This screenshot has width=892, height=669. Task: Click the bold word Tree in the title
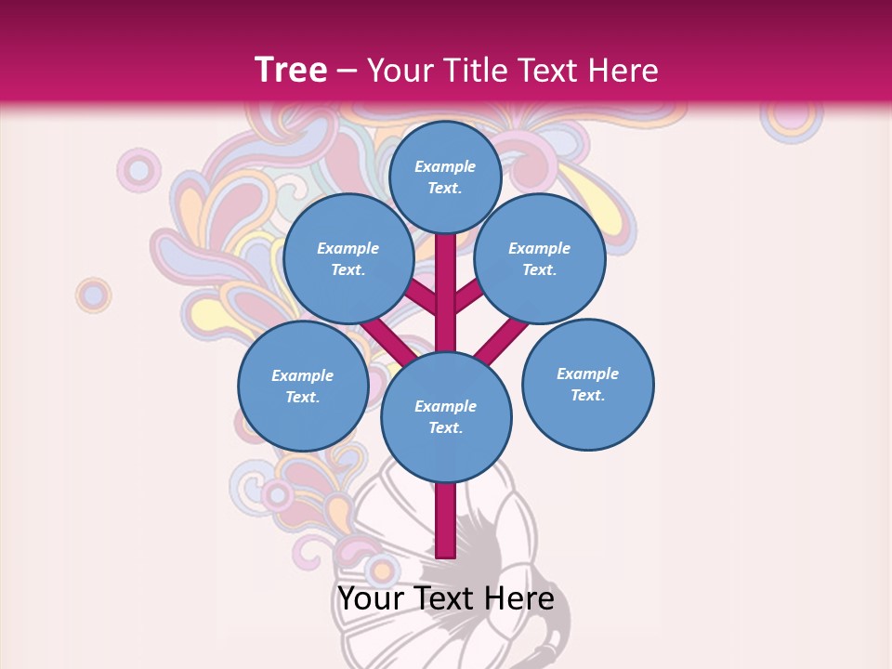[291, 70]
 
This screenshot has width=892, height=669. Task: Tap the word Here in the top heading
[623, 71]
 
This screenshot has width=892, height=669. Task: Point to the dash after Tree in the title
[348, 72]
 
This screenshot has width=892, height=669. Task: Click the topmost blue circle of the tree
[445, 177]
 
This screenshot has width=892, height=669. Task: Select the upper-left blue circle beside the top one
[348, 258]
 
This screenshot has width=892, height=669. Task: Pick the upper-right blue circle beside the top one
[540, 258]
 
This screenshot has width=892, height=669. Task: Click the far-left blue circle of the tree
[303, 386]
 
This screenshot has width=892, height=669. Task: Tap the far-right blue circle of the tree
[588, 384]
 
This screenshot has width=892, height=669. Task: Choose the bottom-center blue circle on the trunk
[446, 416]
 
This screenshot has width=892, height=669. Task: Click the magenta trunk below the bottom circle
[446, 520]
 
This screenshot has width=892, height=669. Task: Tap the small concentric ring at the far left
[93, 295]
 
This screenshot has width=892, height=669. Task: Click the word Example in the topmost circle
[445, 166]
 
